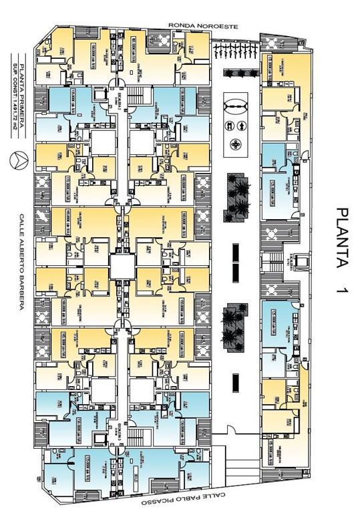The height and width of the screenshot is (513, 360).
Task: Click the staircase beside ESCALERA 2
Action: coord(136,94)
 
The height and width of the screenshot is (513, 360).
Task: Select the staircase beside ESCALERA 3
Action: coord(136,438)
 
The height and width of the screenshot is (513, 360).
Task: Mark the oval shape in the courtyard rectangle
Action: coord(236,106)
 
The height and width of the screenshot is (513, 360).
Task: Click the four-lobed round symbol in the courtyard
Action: coord(236,144)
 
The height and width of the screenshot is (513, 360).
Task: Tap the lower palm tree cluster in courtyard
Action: coord(235,325)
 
